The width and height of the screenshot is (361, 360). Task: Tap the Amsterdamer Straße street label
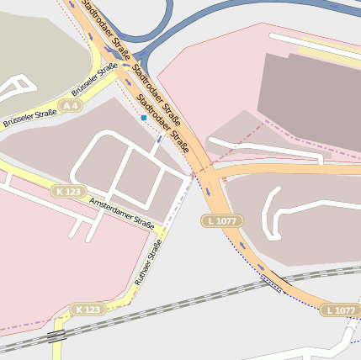121,215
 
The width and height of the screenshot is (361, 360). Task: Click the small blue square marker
144,119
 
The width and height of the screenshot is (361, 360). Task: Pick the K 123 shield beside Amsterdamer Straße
69,192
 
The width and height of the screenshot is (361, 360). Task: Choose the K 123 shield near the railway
88,310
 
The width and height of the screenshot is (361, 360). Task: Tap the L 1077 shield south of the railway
340,310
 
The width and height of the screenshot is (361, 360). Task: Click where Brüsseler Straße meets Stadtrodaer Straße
118,69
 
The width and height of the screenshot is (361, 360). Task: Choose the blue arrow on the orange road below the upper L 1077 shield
241,243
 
